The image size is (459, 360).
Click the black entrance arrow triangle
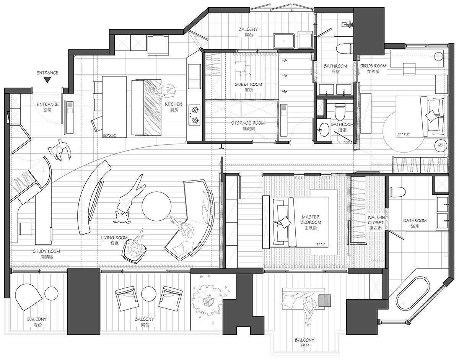47,80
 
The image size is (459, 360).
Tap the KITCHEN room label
173,104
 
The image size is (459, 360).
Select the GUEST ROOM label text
248,84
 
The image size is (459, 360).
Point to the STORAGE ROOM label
248,123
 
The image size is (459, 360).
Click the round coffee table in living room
156,206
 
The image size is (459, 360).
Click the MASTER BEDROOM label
311,220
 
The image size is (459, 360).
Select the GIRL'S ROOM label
373,66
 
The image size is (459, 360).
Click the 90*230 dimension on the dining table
110,135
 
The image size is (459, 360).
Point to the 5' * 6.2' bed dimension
404,134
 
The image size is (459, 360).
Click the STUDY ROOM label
46,251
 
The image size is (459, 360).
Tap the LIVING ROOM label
114,238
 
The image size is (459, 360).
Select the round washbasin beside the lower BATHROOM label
323,129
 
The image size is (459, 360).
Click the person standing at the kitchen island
165,91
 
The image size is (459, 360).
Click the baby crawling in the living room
122,217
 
